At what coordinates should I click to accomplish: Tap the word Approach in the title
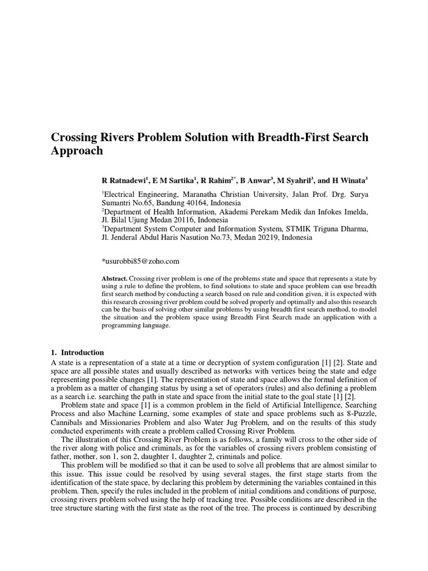click(77, 151)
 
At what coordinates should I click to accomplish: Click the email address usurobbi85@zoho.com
click(140, 261)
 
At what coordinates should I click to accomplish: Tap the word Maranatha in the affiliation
click(205, 194)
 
